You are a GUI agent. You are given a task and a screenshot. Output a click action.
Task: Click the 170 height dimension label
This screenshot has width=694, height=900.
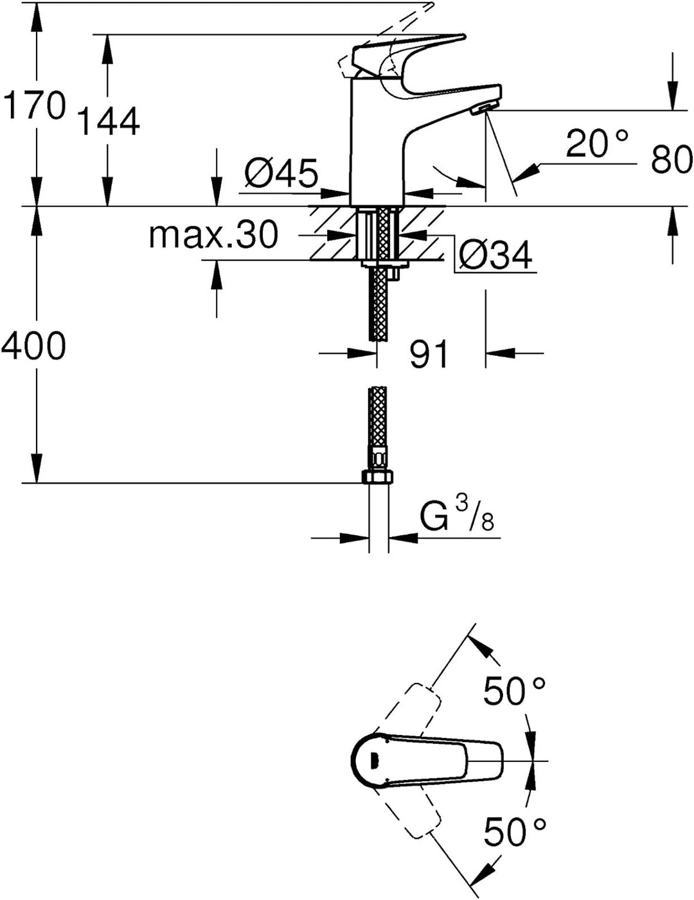click(35, 106)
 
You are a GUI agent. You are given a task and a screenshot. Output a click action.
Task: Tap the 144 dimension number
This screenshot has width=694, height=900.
click(109, 121)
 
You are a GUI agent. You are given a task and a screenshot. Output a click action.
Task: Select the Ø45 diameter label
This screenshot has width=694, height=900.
click(281, 173)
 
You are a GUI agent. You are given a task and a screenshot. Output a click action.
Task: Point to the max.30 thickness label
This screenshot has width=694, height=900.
click(213, 235)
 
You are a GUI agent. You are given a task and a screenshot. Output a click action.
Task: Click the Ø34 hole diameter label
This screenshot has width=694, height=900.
click(495, 256)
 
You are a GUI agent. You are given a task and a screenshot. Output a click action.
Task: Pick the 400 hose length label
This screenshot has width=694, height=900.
click(33, 346)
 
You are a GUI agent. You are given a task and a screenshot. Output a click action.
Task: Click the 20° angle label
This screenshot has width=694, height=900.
click(597, 143)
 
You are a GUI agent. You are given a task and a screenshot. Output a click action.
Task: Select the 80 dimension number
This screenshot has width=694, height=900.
click(672, 159)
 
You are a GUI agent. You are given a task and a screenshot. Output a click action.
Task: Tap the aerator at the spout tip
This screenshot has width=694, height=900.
click(483, 109)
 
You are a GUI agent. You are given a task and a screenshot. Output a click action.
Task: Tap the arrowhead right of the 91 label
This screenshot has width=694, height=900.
click(500, 353)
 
